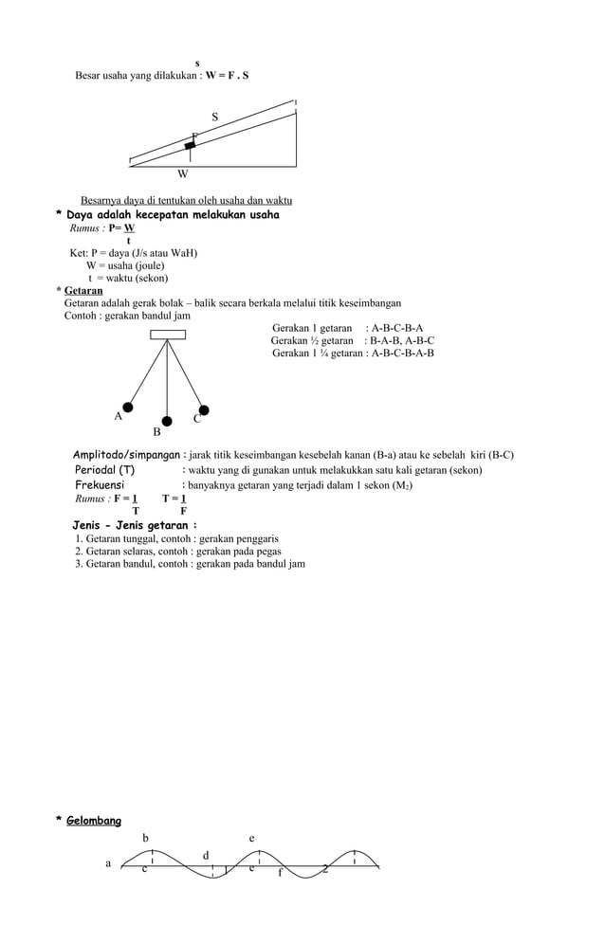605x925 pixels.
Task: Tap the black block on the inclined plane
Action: [x=191, y=145]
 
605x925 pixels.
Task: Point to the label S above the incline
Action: [x=214, y=117]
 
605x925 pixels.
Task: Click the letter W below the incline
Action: [x=182, y=174]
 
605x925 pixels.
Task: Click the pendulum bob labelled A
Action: [x=128, y=407]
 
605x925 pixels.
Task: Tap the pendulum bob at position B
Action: [x=167, y=421]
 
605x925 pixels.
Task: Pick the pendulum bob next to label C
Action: [x=204, y=410]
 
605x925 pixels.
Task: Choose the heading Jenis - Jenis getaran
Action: [x=135, y=525]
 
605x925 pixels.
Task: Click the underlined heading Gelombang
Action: [x=93, y=821]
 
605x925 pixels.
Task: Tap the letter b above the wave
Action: [x=146, y=838]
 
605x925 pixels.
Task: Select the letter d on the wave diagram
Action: [x=206, y=857]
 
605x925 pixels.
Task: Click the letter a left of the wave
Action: [x=108, y=863]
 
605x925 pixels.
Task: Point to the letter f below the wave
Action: [x=280, y=873]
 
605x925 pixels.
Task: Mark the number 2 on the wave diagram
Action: [x=325, y=869]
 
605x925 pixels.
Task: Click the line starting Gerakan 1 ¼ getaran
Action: [x=353, y=354]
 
